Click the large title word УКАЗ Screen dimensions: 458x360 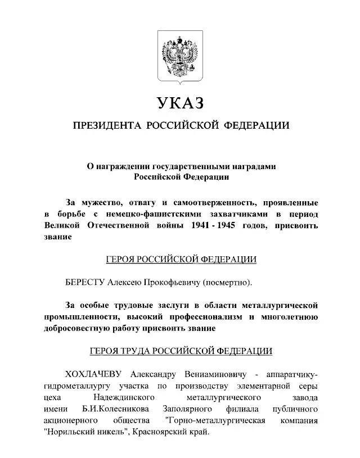click(180, 103)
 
